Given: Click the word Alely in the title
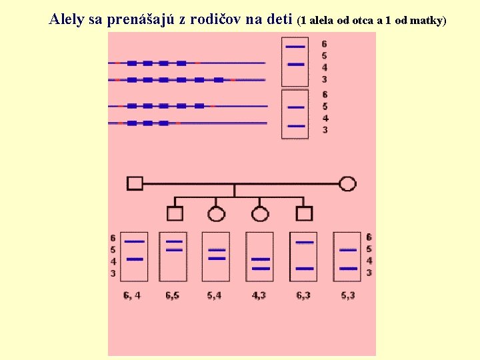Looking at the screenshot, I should click(x=66, y=19).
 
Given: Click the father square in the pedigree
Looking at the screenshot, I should click(x=135, y=183).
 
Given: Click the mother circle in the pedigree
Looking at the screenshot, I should click(x=347, y=183).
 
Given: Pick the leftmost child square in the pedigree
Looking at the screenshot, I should click(x=175, y=213).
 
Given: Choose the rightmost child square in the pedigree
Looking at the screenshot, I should click(x=304, y=213).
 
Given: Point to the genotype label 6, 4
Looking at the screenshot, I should click(x=131, y=295).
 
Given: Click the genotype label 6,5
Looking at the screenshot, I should click(x=173, y=295).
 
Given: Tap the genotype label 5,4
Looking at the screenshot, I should click(x=215, y=295).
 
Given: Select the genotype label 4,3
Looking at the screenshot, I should click(x=259, y=295).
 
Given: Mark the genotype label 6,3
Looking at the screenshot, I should click(x=303, y=295).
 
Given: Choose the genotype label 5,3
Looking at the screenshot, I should click(x=347, y=295).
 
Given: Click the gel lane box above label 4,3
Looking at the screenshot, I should click(x=260, y=257).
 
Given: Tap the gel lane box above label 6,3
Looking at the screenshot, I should click(x=303, y=257).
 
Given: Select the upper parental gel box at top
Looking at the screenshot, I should click(x=295, y=61).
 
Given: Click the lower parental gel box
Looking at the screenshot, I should click(x=295, y=114).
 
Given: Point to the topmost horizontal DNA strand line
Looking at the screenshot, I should click(x=187, y=63).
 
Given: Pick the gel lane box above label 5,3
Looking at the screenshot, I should click(x=347, y=257).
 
